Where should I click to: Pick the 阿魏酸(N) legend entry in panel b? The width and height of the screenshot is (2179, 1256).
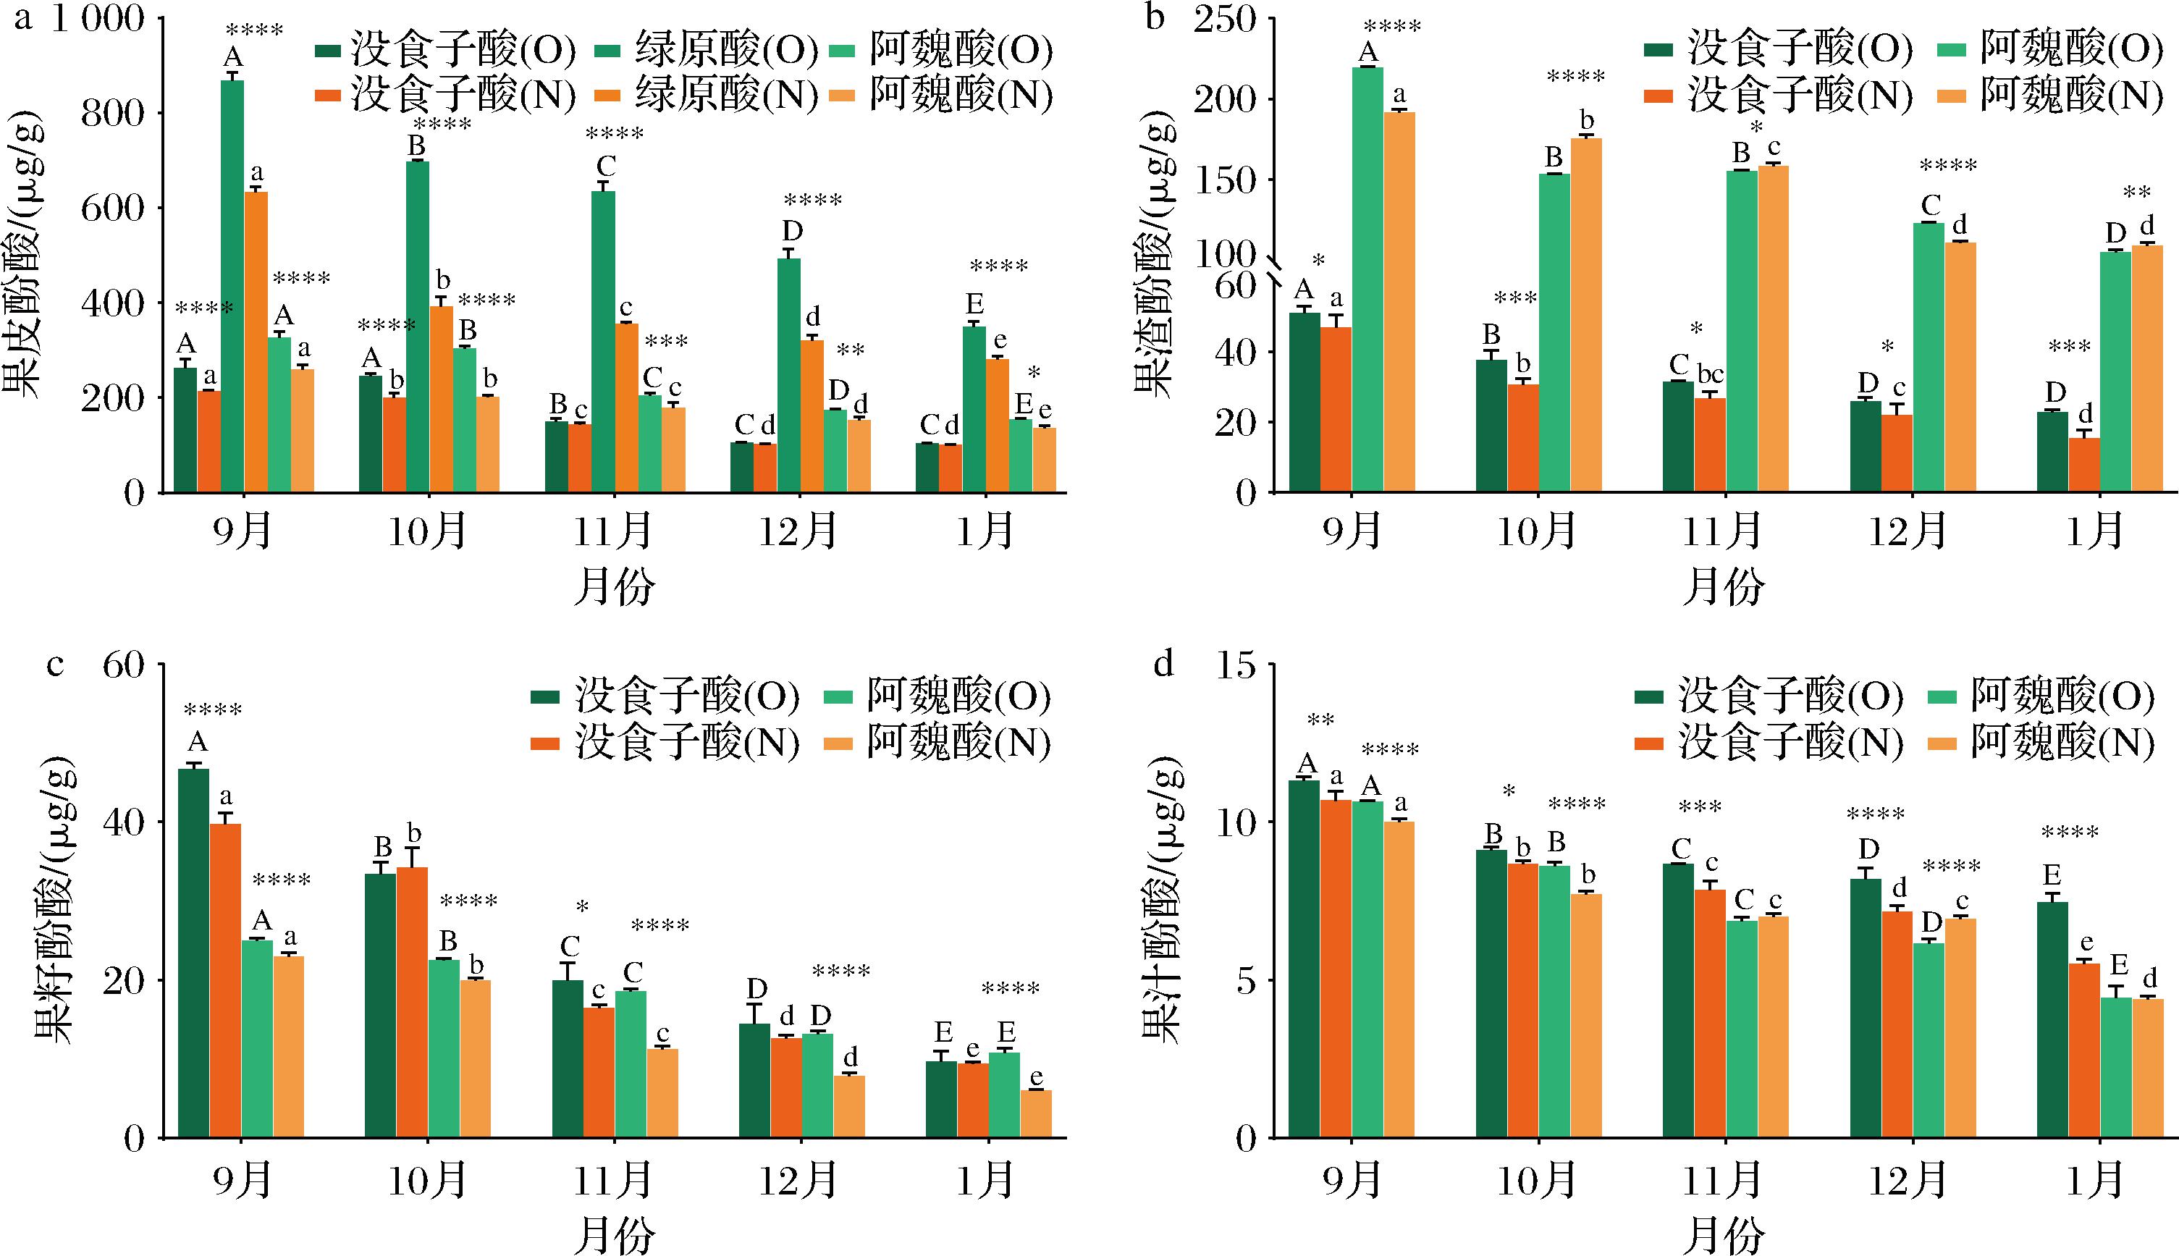(2070, 94)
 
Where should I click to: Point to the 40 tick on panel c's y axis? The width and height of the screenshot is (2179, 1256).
(123, 822)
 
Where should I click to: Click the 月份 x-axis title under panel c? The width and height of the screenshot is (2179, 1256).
(614, 1234)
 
